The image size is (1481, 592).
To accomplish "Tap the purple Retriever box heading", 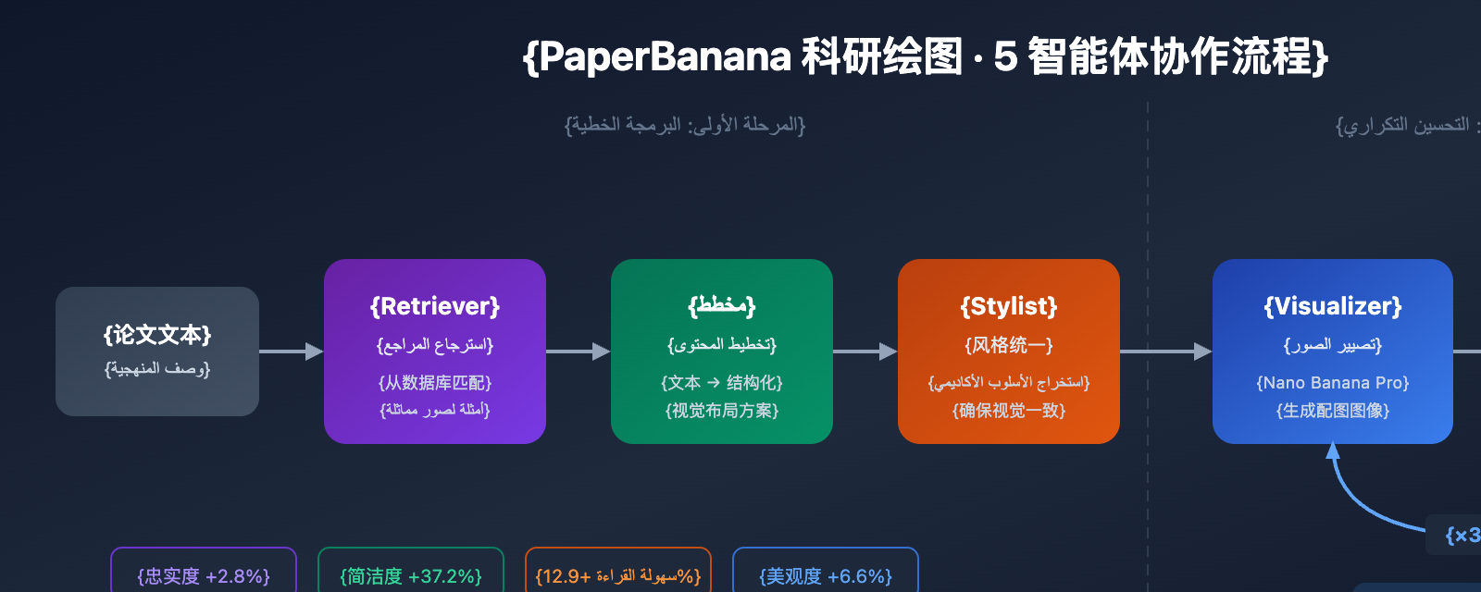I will (435, 306).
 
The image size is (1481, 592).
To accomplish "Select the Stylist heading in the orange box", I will (1009, 306).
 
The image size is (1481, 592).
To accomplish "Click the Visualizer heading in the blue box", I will (1333, 306).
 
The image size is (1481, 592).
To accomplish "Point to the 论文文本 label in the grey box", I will (157, 335).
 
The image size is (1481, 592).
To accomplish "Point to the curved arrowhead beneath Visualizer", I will (1333, 451).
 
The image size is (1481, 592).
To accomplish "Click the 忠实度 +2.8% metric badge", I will (204, 576).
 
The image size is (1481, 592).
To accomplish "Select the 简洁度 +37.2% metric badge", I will (411, 576).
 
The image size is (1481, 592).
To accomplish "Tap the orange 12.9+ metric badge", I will (618, 576).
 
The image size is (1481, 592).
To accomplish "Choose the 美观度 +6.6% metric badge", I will (826, 576).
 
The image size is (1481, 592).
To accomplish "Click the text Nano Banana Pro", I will (1333, 383).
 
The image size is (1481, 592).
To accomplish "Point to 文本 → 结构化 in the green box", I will (722, 383).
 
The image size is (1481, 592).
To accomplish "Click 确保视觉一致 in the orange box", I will (1009, 411).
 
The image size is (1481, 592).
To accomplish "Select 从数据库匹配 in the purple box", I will (435, 383).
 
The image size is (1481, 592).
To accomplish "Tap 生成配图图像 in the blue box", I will (1333, 411).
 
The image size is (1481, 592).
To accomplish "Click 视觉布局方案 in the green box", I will (722, 411).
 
